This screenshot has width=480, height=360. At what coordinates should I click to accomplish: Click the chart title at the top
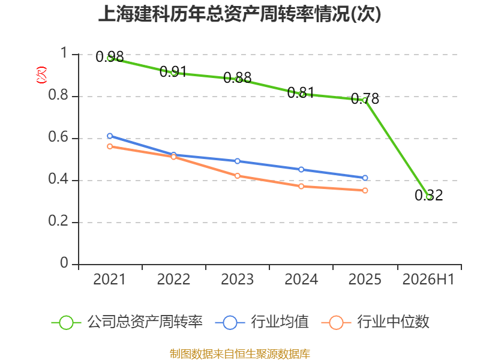pos(239,14)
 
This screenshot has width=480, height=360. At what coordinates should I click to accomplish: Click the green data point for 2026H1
pos(429,197)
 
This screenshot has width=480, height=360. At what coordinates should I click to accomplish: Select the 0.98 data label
pos(110,56)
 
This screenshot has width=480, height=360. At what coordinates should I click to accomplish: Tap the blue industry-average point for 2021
pos(110,136)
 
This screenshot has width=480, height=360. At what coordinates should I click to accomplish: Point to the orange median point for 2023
pos(237,176)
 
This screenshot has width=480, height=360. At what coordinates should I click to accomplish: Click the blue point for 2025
pos(365,178)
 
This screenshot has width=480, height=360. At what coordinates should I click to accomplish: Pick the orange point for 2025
pos(365,190)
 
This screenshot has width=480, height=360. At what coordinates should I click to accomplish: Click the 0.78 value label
pos(365,98)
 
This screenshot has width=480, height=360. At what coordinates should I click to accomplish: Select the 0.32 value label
pos(428,196)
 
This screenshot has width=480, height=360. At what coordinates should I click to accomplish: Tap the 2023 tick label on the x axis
pos(237,279)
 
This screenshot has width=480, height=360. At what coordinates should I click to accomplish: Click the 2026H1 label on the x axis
pos(428,279)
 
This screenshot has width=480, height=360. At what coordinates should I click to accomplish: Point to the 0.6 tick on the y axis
pos(58,137)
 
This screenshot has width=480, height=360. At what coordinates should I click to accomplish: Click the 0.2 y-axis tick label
pos(58,221)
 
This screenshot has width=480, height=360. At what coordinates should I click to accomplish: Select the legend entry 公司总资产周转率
pos(127,322)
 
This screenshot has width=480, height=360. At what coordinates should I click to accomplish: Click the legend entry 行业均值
pos(262,322)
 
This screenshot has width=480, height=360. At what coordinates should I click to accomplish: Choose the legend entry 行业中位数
pos(376,322)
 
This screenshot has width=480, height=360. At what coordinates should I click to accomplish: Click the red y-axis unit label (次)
pos(41,75)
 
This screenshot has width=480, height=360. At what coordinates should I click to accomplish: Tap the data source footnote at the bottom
pos(240,354)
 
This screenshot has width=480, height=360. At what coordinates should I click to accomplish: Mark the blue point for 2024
pos(301,169)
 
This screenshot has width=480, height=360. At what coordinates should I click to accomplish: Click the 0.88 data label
pos(237,78)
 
